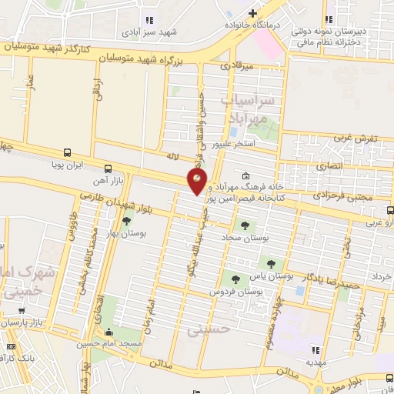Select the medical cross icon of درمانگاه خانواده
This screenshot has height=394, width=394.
tap(254, 13)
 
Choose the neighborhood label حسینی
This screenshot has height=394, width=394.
tap(204, 329)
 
